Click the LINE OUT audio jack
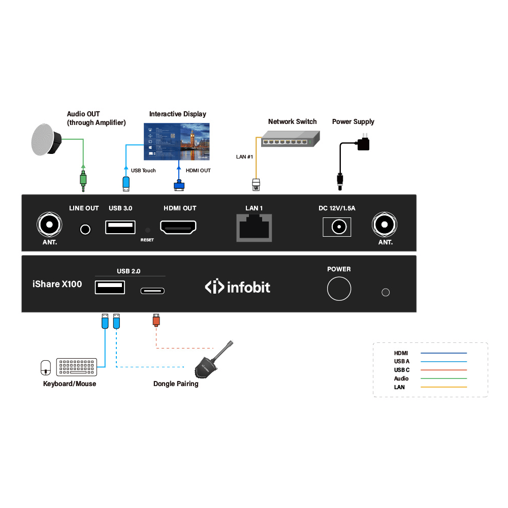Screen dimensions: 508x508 [x=86, y=230]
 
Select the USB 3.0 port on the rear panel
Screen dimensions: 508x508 [x=120, y=227]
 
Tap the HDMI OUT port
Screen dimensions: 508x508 [x=178, y=227]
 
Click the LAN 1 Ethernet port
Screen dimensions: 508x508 [x=254, y=227]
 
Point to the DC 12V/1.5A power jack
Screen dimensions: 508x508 [x=337, y=227]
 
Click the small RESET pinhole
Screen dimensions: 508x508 [x=147, y=230]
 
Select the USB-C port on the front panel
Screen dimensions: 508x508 [x=152, y=291]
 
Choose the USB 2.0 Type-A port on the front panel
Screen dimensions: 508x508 [x=110, y=288]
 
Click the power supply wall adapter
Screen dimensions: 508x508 [x=363, y=143]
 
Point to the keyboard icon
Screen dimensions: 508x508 [x=77, y=367]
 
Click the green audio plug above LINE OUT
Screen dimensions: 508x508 [x=83, y=180]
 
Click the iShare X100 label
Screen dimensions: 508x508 [x=57, y=284]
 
